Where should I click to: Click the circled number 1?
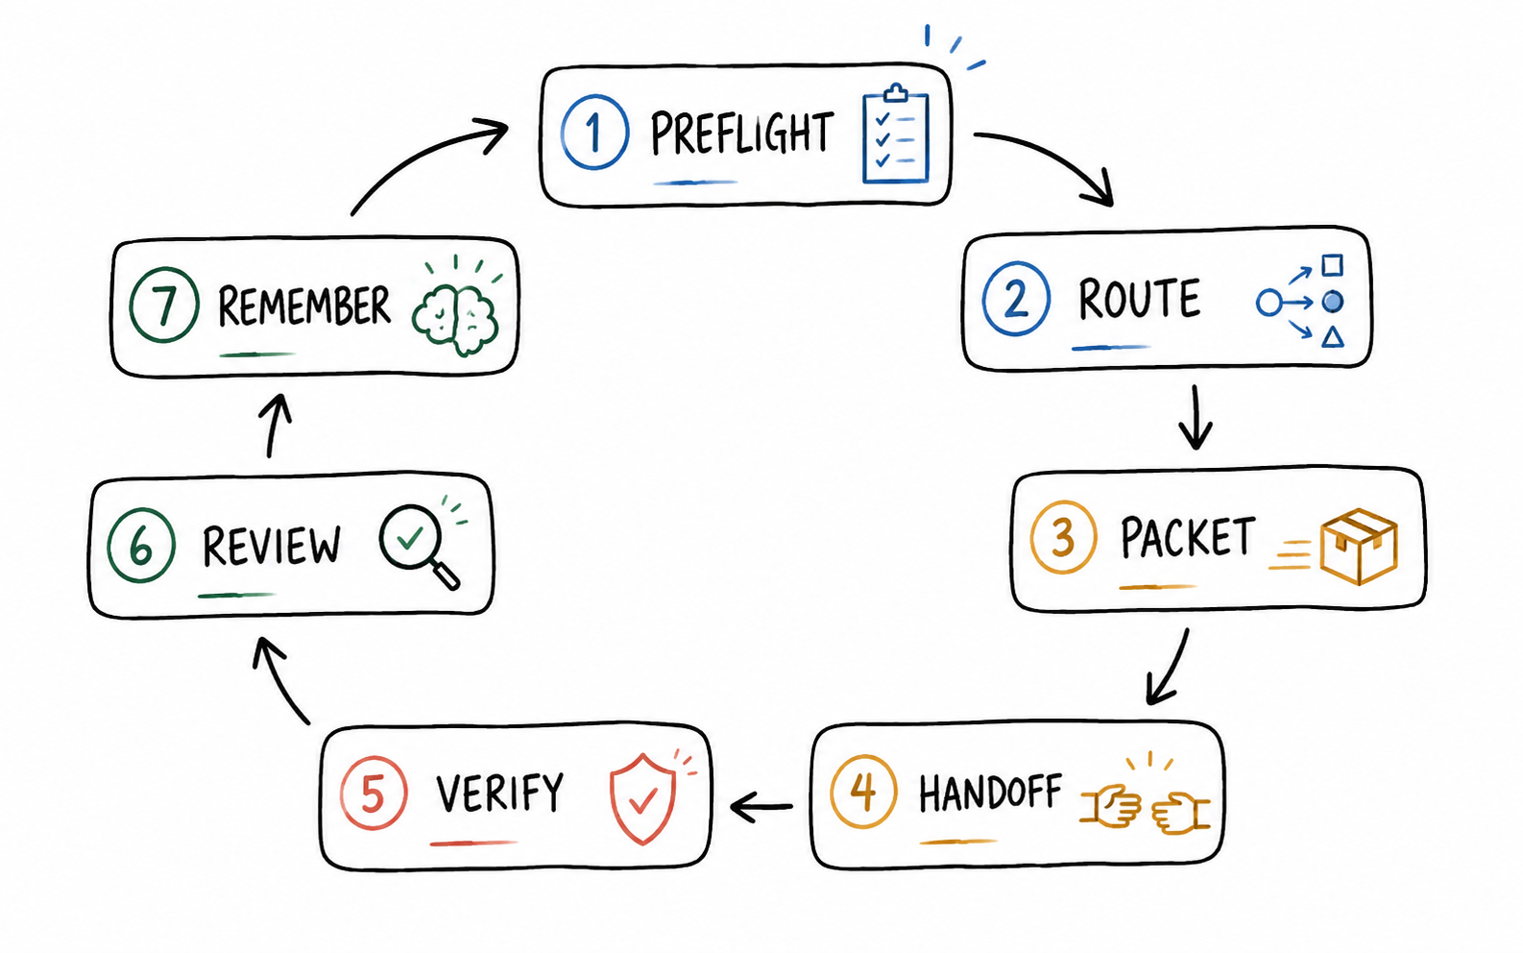pyautogui.click(x=594, y=132)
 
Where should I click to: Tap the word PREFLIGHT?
pyautogui.click(x=741, y=133)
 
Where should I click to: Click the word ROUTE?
pyautogui.click(x=1139, y=299)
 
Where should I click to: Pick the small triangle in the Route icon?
pyautogui.click(x=1333, y=337)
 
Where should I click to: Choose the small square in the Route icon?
pyautogui.click(x=1333, y=264)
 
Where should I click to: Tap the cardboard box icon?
pyautogui.click(x=1359, y=547)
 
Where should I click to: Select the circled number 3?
pyautogui.click(x=1063, y=537)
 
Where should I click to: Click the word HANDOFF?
pyautogui.click(x=990, y=793)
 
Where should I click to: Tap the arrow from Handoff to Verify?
pyautogui.click(x=761, y=807)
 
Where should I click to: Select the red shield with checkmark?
pyautogui.click(x=642, y=798)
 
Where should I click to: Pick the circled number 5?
pyautogui.click(x=374, y=793)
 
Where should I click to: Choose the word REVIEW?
pyautogui.click(x=272, y=547)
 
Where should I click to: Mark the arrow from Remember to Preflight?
pyautogui.click(x=416, y=153)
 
